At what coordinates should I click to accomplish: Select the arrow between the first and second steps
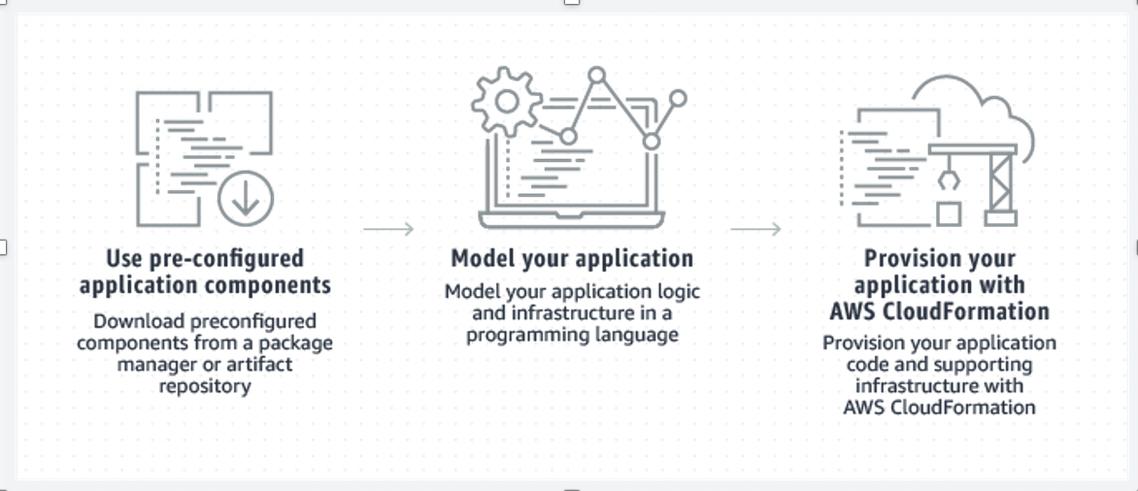point(388,229)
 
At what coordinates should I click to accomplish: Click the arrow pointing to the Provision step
point(755,229)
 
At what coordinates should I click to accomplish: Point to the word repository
point(205,386)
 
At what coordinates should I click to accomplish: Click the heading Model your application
point(572,259)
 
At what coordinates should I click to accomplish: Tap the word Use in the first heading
point(124,259)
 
